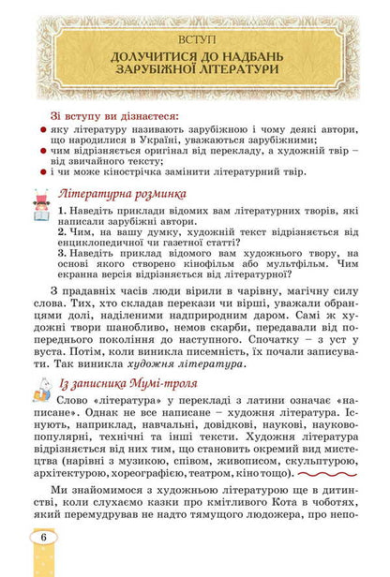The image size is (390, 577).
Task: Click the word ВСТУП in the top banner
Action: pyautogui.click(x=195, y=39)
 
